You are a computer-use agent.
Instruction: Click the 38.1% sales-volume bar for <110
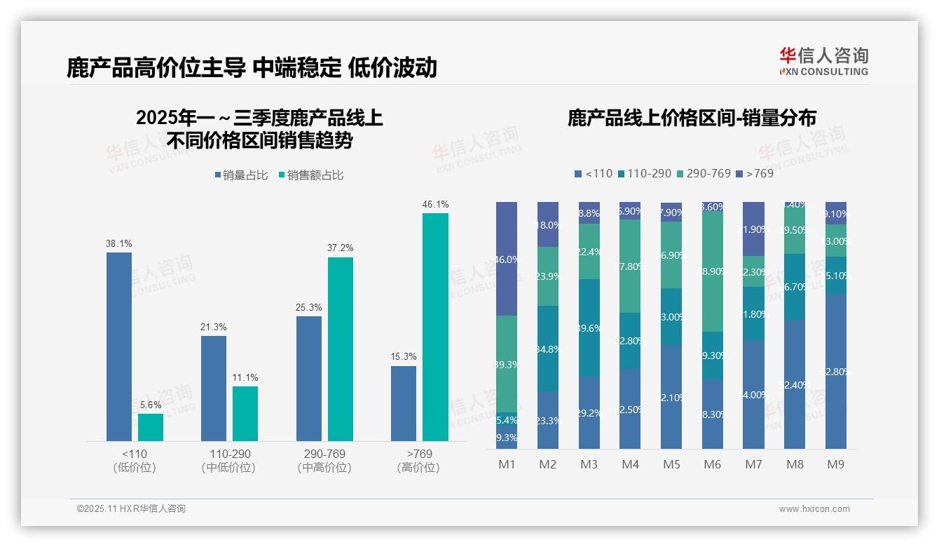click(119, 346)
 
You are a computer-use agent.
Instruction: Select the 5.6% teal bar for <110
click(151, 427)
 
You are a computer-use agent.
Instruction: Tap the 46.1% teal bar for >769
click(435, 327)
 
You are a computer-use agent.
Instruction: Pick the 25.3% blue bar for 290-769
click(309, 379)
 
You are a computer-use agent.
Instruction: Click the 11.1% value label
click(245, 378)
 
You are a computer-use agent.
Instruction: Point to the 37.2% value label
click(340, 248)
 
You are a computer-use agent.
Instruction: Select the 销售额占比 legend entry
click(311, 175)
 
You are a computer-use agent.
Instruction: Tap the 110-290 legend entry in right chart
click(644, 173)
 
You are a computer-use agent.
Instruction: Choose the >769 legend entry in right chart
click(755, 173)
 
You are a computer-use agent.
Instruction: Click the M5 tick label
click(671, 464)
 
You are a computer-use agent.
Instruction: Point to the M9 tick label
click(836, 464)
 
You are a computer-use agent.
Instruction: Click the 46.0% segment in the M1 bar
click(507, 259)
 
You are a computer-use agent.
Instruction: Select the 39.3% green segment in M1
click(507, 364)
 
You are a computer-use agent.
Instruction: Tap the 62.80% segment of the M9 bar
click(836, 372)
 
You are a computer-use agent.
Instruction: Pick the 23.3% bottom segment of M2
click(548, 420)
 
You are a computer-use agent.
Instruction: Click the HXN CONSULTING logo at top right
click(824, 61)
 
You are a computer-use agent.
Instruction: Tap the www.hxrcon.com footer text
click(814, 509)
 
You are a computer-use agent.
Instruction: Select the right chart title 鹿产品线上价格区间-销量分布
click(691, 118)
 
